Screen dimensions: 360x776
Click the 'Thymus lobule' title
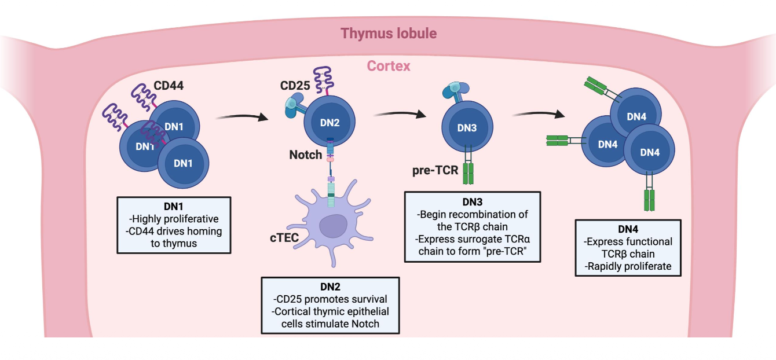click(x=389, y=33)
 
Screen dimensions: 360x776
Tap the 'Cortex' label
click(x=389, y=66)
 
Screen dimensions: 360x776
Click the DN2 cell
click(x=329, y=123)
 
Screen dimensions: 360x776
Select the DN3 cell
click(x=467, y=128)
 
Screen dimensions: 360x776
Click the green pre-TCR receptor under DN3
click(x=468, y=174)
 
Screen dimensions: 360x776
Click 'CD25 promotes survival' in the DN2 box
click(x=330, y=299)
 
